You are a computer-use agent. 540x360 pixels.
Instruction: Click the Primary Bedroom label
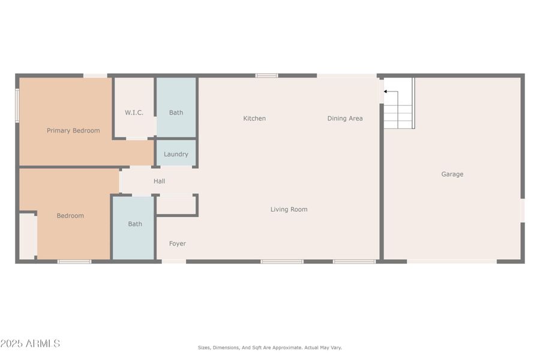(x=73, y=130)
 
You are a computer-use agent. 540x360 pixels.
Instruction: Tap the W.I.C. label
(x=134, y=112)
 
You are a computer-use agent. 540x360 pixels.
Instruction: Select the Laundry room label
(x=176, y=154)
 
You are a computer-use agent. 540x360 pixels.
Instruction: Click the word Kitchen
(x=254, y=118)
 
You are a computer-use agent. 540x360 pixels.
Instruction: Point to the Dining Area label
(x=344, y=118)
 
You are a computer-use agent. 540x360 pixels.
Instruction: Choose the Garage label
(x=452, y=174)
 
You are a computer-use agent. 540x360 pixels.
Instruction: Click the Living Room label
(x=289, y=209)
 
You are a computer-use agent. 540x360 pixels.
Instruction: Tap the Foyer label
(x=177, y=244)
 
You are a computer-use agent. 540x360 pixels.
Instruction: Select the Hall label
(x=159, y=181)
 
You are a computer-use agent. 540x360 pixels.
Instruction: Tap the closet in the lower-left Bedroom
(x=28, y=235)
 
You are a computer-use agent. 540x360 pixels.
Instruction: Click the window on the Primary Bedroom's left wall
(x=17, y=106)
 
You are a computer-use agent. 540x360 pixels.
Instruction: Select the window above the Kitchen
(x=266, y=76)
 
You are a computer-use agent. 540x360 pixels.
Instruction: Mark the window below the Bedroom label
(x=74, y=261)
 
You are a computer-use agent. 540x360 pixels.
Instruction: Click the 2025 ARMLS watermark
(x=30, y=344)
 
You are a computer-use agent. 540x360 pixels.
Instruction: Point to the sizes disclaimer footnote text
(x=269, y=347)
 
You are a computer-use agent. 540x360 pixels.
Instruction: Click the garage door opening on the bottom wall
(x=452, y=261)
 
